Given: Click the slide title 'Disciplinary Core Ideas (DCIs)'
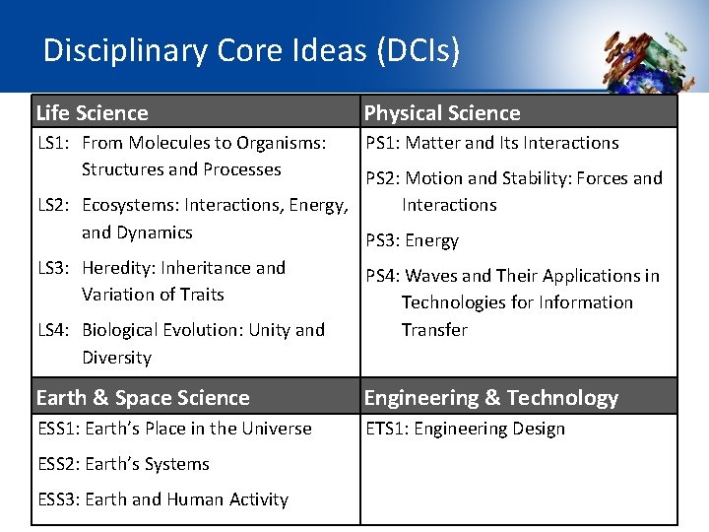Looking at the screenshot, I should tap(251, 50).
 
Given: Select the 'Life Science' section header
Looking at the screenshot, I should tap(92, 113).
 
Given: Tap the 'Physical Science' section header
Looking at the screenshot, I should tap(442, 113).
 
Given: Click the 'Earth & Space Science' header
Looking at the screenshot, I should tap(143, 398).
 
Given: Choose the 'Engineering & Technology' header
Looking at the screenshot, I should tap(491, 398).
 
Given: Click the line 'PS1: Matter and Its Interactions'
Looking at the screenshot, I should tap(492, 143).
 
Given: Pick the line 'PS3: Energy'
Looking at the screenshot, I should tap(413, 240).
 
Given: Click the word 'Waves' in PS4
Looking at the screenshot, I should tap(430, 276).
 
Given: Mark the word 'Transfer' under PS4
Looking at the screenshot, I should tap(434, 330).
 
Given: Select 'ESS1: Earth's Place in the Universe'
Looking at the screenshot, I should tap(174, 429).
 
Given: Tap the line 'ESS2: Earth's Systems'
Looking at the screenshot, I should tap(123, 464).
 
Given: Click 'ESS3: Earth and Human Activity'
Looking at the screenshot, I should tap(162, 499).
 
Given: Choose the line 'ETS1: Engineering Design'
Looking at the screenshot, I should tap(466, 429).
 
